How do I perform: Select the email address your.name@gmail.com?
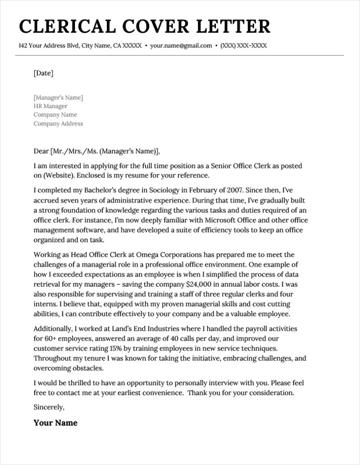(x=181, y=46)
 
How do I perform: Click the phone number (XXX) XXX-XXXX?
(x=244, y=46)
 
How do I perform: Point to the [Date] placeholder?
(x=43, y=73)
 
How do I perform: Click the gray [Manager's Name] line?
(x=58, y=98)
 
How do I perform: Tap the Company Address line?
(x=58, y=124)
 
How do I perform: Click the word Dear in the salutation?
(x=41, y=151)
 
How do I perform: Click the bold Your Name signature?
(x=55, y=423)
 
